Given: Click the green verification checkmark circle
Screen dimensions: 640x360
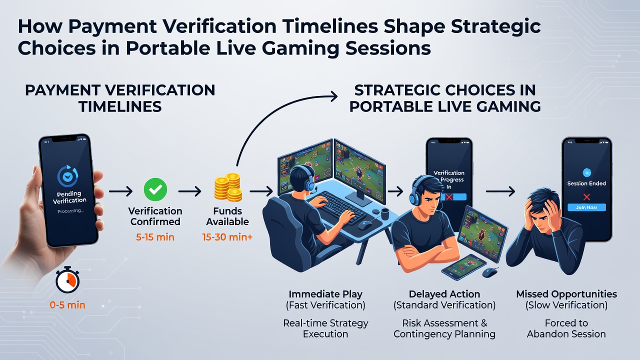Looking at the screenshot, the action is tap(155, 189).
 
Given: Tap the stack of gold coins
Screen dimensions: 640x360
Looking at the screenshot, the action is tap(228, 187).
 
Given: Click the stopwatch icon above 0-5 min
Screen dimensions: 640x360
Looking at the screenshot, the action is tap(67, 279).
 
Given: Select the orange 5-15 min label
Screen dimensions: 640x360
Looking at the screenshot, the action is tap(155, 237).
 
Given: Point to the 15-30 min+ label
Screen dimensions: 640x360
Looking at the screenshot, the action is tap(227, 237).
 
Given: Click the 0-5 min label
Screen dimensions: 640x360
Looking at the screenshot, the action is tap(67, 305).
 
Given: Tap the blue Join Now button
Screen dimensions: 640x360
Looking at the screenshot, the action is tap(586, 207).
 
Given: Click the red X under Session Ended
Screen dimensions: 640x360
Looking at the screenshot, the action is tap(586, 197).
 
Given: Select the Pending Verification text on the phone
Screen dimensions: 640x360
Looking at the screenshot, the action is tap(69, 197).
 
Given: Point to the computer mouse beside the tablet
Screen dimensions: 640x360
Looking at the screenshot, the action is tap(489, 272).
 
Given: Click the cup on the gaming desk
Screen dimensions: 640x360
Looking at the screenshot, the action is tap(385, 214).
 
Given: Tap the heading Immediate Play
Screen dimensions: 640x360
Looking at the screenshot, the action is tap(325, 294).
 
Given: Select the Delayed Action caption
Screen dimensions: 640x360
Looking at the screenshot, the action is tap(444, 294).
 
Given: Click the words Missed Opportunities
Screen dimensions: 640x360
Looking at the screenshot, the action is tap(566, 294).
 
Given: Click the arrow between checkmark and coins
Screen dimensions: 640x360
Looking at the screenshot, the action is tap(190, 191).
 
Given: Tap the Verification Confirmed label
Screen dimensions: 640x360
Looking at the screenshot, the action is tap(155, 216).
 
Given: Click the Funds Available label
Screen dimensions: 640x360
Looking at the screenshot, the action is tap(227, 216).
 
